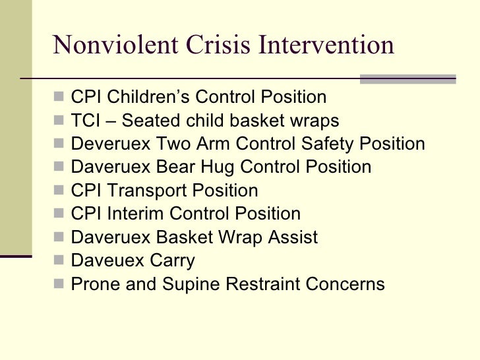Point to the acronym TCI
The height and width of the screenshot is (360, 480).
[86, 121]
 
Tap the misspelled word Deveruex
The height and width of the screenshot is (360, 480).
[111, 144]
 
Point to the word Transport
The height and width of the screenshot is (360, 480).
[149, 191]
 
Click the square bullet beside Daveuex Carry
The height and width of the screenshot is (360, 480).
[60, 262]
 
